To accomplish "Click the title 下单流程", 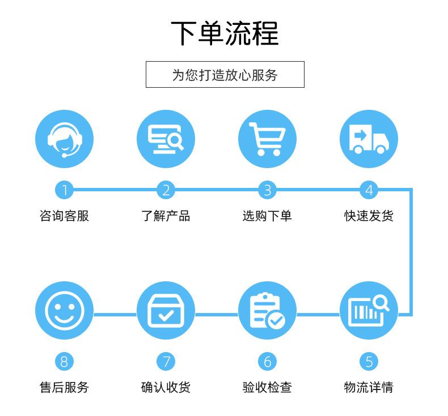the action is point(225,33).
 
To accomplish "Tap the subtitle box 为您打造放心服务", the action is point(225,75).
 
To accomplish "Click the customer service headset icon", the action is point(64,139).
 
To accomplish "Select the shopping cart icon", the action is point(267,139).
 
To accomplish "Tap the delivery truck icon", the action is point(369,139).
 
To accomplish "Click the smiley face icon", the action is point(64,311).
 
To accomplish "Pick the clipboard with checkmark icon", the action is point(267,311).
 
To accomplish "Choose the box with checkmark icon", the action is point(166,311).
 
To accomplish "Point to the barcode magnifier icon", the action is point(369,311).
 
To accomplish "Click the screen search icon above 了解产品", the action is point(166,139).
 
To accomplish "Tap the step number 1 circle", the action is point(64,190).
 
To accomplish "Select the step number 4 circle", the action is point(369,190).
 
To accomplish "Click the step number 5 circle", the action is point(369,361).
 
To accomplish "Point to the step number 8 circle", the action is point(64,361).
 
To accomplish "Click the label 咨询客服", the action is point(64,216).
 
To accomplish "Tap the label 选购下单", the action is point(267,216).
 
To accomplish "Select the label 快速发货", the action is point(369,216).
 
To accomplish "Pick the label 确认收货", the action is point(166,387).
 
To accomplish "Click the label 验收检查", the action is point(267,387).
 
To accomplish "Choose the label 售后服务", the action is point(64,387).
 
